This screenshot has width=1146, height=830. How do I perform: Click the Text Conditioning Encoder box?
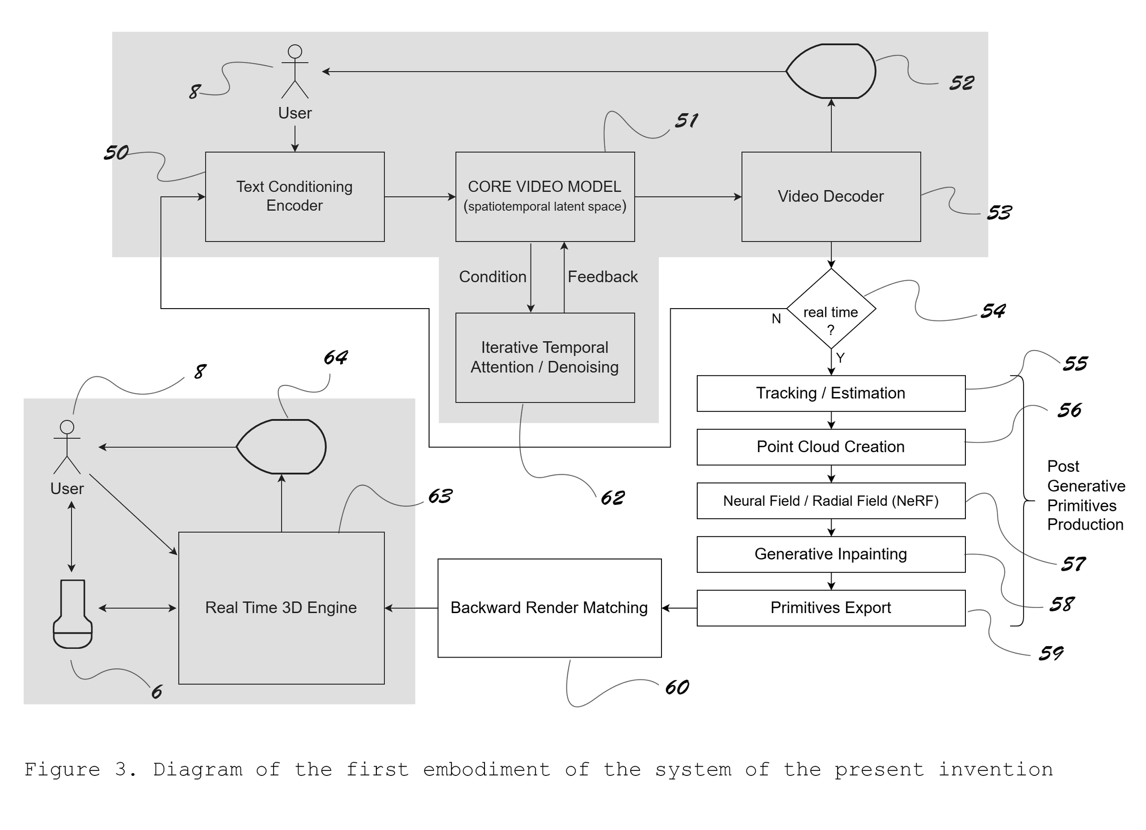(295, 197)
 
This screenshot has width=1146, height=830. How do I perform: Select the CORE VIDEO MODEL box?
(545, 197)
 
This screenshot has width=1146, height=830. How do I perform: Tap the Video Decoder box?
(831, 197)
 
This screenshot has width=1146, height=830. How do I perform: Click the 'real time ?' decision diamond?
(831, 308)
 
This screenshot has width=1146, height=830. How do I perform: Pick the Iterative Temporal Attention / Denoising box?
(545, 357)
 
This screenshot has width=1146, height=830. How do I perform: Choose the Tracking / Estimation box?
(831, 393)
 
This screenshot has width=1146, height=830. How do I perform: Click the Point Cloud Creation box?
(831, 447)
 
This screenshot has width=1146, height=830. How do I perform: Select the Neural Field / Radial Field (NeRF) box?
(831, 500)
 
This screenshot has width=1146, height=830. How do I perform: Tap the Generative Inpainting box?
(831, 554)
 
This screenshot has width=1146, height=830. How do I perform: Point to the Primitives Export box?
(831, 608)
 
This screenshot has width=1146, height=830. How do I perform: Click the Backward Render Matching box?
(549, 608)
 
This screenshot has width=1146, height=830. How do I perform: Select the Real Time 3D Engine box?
(281, 608)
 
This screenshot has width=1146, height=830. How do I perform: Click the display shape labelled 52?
(831, 71)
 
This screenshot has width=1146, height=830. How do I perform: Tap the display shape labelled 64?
(281, 446)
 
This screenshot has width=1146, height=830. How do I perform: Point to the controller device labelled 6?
(73, 614)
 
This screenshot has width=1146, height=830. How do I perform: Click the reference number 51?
(687, 120)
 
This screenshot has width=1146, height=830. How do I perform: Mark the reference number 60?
(677, 687)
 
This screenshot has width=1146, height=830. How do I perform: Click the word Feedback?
(602, 277)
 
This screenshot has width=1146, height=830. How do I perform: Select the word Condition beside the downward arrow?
(493, 277)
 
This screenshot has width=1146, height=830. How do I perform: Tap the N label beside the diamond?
(776, 318)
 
